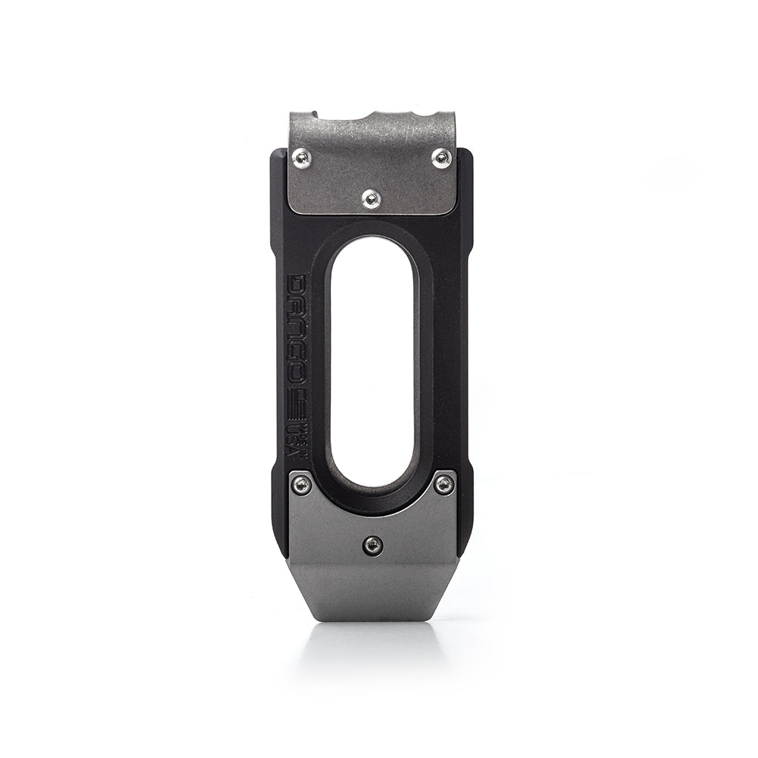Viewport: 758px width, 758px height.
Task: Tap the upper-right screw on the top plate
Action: (441, 157)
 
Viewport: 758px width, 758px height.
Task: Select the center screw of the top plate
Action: (372, 197)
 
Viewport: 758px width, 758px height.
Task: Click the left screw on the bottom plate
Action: (301, 484)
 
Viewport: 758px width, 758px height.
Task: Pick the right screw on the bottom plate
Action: (443, 484)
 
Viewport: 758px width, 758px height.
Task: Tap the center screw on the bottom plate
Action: (372, 546)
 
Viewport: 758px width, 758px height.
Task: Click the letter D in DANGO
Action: (297, 286)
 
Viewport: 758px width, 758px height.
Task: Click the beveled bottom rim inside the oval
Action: (372, 497)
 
